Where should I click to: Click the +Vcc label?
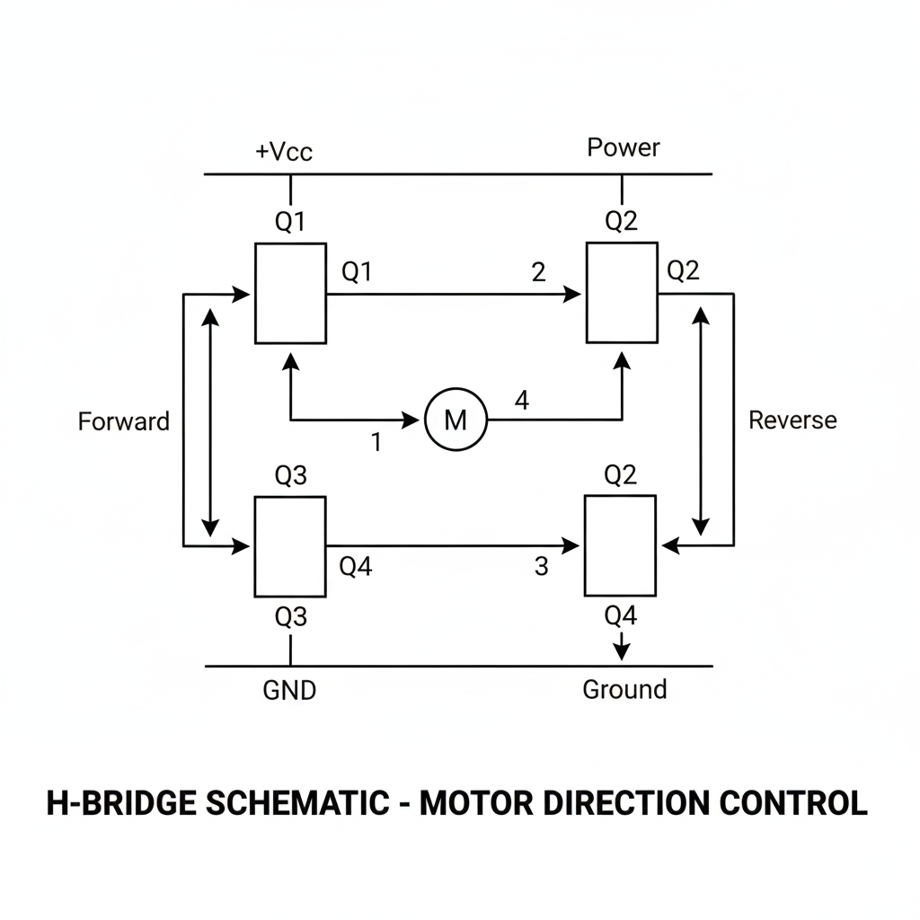point(284,152)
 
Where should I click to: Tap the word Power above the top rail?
point(623,147)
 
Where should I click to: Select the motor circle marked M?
point(456,419)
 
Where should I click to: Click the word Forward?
point(123,421)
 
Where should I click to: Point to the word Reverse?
point(792,420)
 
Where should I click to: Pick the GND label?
point(289,691)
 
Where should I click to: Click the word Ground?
point(624,690)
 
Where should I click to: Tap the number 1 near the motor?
point(376,443)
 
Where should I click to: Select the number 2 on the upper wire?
point(538,272)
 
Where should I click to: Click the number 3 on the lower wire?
point(540,567)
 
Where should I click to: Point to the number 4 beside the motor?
point(521,402)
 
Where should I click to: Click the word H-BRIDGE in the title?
point(120,803)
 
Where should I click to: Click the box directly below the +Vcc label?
point(290,293)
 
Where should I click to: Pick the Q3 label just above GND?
point(290,617)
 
